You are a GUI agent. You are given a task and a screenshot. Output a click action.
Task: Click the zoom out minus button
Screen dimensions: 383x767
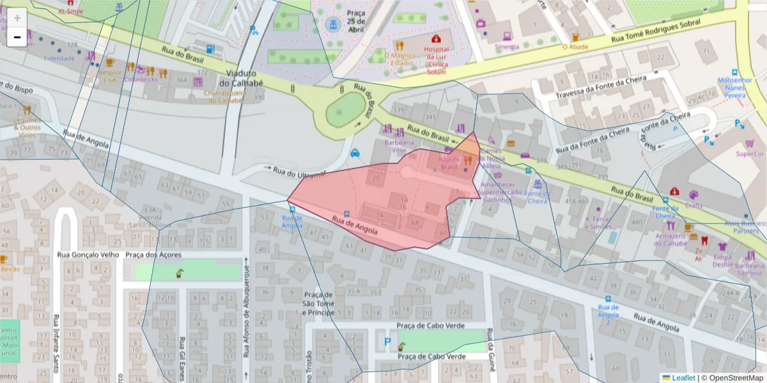pyautogui.click(x=17, y=38)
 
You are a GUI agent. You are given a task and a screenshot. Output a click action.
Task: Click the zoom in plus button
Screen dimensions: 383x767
pyautogui.click(x=17, y=18)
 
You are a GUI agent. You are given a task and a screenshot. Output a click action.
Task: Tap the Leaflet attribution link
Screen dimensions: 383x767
pyautogui.click(x=683, y=378)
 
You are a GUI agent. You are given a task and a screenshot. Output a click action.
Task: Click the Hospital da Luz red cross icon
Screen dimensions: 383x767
pyautogui.click(x=436, y=39)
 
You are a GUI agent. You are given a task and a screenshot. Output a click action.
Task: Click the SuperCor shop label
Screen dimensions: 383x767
pyautogui.click(x=750, y=154)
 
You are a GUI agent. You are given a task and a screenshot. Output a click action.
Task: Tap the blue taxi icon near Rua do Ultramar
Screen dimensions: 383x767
pyautogui.click(x=355, y=153)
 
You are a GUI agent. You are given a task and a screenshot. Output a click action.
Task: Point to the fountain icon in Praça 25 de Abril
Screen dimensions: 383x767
pyautogui.click(x=332, y=25)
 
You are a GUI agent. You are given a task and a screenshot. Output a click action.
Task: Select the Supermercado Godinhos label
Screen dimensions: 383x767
pyautogui.click(x=504, y=195)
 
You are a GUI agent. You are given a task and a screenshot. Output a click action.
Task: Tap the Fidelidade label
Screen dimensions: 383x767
pyautogui.click(x=59, y=58)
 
